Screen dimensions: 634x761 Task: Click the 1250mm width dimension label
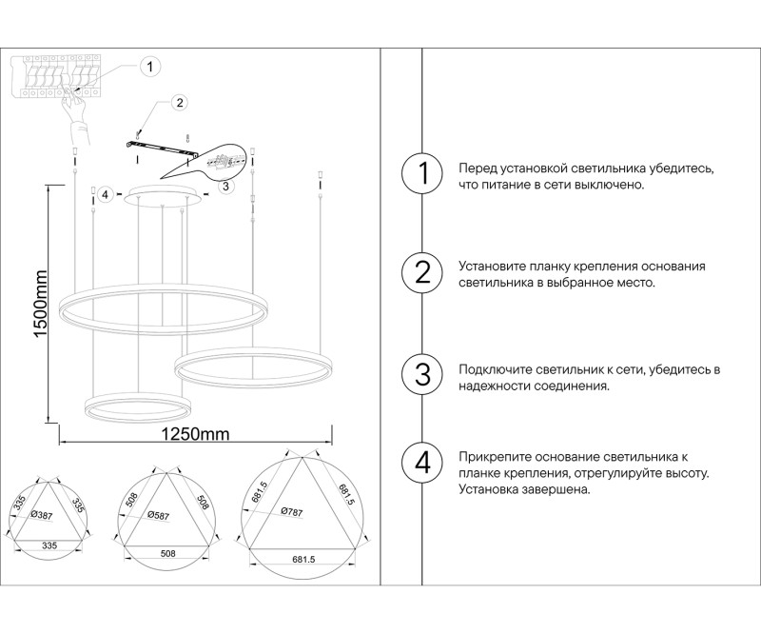pyautogui.click(x=196, y=435)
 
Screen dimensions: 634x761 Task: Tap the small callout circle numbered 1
pyautogui.click(x=149, y=67)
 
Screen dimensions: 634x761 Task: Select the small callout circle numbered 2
pyautogui.click(x=178, y=103)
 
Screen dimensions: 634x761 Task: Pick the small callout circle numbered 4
pyautogui.click(x=107, y=195)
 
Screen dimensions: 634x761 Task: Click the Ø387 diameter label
pyautogui.click(x=43, y=514)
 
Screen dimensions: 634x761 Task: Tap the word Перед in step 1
pyautogui.click(x=476, y=168)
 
